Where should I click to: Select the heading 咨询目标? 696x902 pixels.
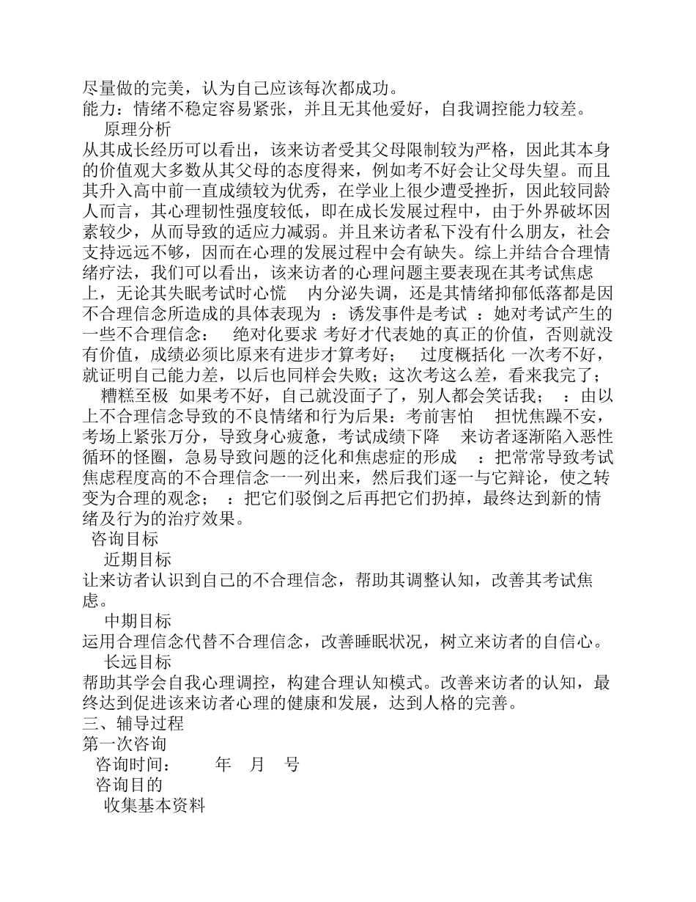point(124,540)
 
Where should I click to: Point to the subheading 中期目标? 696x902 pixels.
point(138,621)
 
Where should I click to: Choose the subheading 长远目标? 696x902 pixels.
point(138,662)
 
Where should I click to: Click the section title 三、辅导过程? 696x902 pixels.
point(133,723)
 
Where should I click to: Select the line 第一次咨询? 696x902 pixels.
point(125,744)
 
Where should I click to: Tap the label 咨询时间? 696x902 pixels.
point(132,764)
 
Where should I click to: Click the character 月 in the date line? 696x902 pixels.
point(257,764)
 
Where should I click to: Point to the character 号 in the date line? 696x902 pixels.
point(292,764)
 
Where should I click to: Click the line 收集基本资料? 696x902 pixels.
point(155,805)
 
